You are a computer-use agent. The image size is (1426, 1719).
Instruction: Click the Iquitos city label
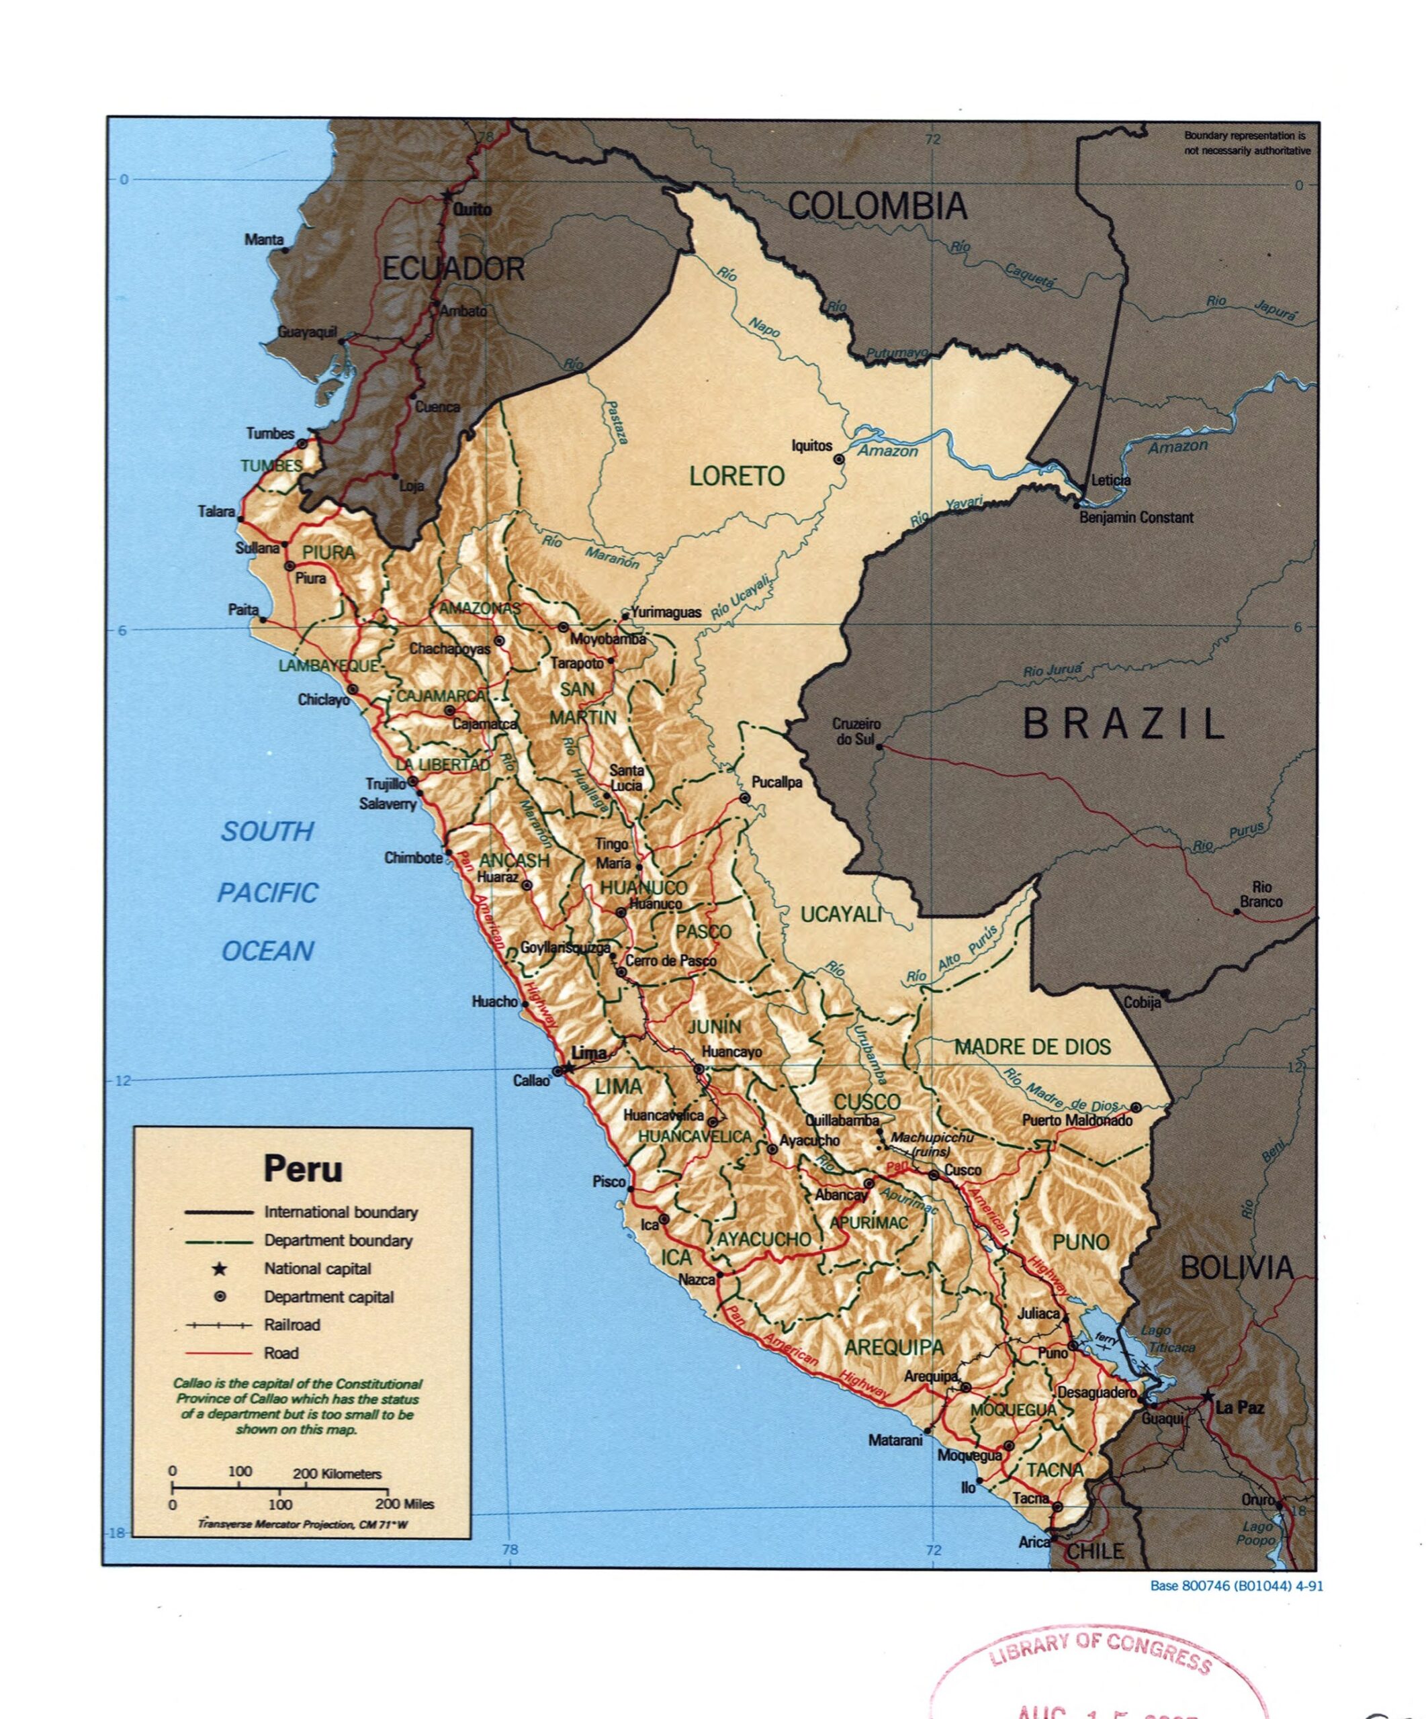811,446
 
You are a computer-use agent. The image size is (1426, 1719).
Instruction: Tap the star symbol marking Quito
446,195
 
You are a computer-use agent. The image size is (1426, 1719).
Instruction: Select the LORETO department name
736,476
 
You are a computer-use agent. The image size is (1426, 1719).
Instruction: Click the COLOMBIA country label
877,206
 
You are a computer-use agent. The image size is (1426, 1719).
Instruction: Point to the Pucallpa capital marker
745,797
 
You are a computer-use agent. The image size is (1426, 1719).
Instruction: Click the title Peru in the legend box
303,1169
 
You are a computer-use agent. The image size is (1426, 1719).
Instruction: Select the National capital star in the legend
220,1269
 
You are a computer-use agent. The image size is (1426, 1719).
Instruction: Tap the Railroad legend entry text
292,1324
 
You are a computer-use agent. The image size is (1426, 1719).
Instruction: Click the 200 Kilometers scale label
337,1473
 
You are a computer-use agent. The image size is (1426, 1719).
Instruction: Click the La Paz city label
1239,1408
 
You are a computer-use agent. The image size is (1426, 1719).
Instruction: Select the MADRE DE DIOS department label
1032,1047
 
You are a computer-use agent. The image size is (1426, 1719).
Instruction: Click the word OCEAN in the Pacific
268,951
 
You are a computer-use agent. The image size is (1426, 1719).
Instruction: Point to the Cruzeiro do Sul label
856,731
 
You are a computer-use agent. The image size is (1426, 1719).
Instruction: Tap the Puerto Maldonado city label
1077,1121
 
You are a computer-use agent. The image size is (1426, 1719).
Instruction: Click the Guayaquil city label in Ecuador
307,332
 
